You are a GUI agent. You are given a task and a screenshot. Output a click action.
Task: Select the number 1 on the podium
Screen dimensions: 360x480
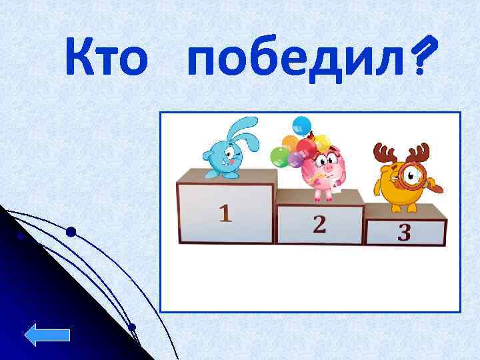226,213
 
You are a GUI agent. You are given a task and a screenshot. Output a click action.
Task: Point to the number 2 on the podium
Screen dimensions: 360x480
319,224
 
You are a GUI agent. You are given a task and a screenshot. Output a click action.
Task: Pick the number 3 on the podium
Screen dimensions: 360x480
404,233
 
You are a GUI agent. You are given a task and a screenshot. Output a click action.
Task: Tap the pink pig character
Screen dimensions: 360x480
325,172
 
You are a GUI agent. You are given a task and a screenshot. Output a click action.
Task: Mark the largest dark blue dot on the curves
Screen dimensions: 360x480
71,232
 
